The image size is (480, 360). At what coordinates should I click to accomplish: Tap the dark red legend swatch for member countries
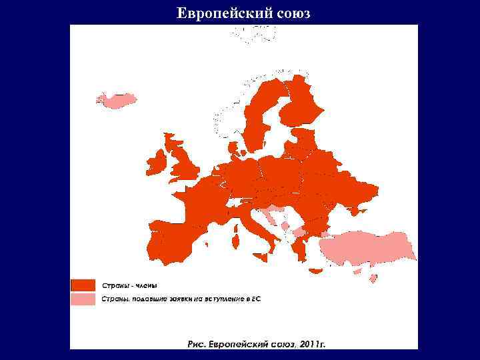[x=83, y=285]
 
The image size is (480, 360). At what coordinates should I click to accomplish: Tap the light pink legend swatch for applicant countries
[x=83, y=299]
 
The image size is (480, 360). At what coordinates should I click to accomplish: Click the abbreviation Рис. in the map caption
[x=196, y=344]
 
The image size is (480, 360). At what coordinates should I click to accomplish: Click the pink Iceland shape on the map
[x=117, y=100]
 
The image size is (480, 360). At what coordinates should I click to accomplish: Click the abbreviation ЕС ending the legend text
[x=256, y=299]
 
